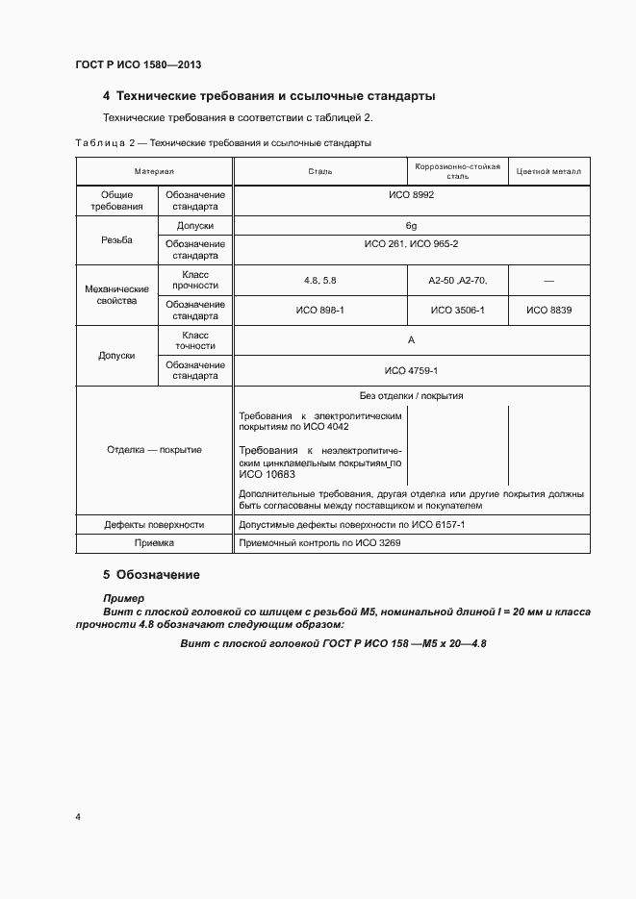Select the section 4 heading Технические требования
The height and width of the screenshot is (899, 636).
click(x=268, y=96)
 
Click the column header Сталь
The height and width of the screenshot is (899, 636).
click(x=319, y=171)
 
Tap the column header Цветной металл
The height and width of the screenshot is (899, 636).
click(x=548, y=171)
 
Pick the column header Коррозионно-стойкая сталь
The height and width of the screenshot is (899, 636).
click(x=457, y=171)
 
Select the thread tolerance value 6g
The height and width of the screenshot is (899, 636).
click(x=411, y=225)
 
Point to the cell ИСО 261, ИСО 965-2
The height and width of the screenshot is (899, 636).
click(x=411, y=244)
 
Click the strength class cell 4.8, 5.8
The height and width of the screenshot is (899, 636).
click(x=319, y=280)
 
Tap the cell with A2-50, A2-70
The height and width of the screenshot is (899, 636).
click(x=457, y=280)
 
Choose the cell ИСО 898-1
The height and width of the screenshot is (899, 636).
click(x=319, y=310)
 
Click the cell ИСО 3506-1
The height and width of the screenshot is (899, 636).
click(x=457, y=310)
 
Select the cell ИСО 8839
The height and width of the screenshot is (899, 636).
click(x=548, y=310)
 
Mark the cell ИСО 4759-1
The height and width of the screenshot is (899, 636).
click(x=411, y=370)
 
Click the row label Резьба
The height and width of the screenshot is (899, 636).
click(x=116, y=239)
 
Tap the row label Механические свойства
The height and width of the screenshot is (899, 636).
click(x=116, y=294)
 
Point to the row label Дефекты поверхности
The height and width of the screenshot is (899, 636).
click(x=154, y=525)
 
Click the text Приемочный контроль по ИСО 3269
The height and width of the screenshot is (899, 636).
click(x=319, y=543)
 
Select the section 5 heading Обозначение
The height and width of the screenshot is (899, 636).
click(x=151, y=575)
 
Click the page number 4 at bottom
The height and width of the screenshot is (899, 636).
click(x=78, y=817)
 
